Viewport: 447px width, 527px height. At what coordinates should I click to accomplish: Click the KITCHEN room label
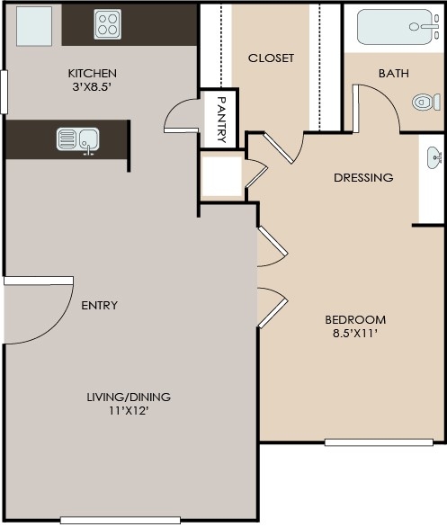94,73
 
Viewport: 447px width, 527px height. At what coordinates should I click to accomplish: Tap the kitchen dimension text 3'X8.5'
94,88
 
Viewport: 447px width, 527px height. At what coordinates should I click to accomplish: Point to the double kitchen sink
78,139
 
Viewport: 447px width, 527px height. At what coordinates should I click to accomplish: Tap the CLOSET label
271,58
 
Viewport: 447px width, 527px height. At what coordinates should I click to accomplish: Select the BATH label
394,74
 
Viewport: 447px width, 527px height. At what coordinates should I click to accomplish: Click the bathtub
398,26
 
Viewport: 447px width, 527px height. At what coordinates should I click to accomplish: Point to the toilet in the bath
426,102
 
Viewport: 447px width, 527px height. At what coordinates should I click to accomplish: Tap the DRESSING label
363,177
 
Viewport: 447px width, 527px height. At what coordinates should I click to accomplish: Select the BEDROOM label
355,319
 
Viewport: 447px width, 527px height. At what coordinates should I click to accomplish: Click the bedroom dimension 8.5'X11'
355,335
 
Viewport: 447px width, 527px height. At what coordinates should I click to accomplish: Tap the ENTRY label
99,305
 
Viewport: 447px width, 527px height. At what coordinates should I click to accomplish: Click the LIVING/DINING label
129,397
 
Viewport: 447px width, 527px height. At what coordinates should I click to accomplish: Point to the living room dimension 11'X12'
129,412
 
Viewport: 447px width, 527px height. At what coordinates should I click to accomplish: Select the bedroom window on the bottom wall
379,442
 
